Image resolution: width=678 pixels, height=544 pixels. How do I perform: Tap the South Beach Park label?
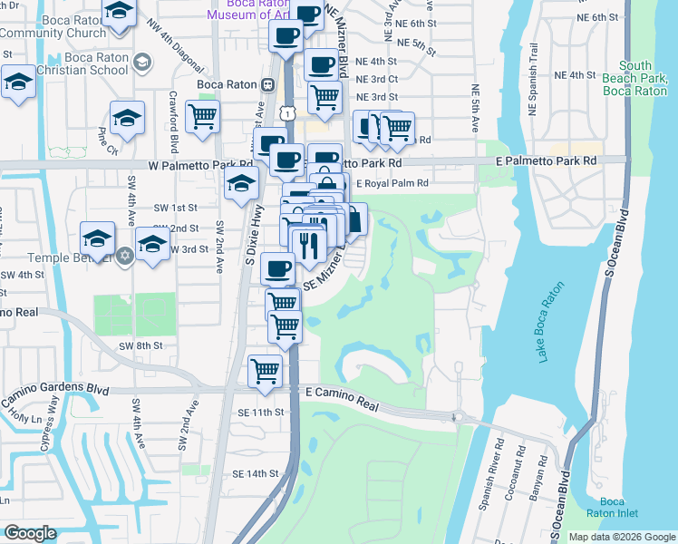(x=647, y=79)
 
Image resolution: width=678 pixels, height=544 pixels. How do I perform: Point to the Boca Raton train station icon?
(x=268, y=84)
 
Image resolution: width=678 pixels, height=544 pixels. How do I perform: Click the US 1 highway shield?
(x=287, y=113)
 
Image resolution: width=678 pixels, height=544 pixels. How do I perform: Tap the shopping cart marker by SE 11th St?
(x=265, y=370)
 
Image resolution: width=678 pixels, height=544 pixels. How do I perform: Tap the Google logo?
(x=30, y=533)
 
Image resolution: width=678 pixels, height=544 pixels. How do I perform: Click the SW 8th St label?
(x=140, y=345)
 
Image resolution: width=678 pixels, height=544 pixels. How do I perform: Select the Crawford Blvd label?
(x=172, y=121)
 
